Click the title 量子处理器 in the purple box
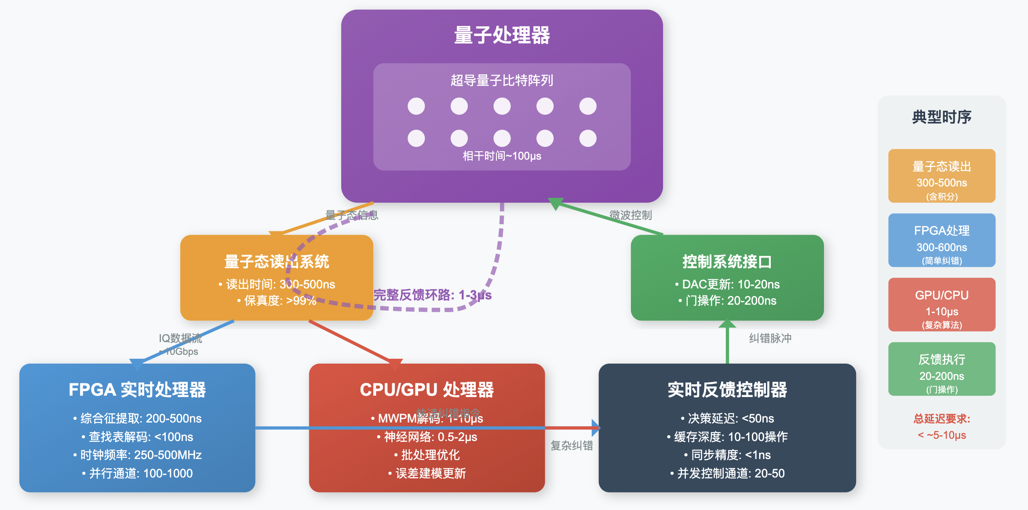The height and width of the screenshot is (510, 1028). (502, 35)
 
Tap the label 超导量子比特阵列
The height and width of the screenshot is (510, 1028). (502, 80)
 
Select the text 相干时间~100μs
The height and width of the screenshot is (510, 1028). (502, 156)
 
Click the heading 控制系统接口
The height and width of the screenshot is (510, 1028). (727, 262)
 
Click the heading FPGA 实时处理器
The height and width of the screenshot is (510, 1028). (137, 390)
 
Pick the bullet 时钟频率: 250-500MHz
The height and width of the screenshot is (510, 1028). (137, 455)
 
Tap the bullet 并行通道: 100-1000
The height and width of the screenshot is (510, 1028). (137, 474)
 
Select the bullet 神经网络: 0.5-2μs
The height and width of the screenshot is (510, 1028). (427, 437)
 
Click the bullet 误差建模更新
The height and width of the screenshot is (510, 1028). (427, 474)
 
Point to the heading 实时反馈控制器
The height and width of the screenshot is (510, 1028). (727, 390)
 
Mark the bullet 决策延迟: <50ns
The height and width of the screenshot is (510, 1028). (727, 419)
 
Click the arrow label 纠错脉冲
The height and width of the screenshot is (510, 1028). (770, 338)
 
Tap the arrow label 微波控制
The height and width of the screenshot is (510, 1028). (631, 215)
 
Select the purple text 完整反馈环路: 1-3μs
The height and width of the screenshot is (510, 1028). (432, 295)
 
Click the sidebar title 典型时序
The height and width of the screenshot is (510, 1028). (941, 117)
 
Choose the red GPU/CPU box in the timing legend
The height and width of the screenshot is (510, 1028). (941, 304)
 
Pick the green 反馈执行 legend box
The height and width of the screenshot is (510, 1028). (941, 369)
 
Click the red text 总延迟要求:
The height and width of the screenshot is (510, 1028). (941, 419)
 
